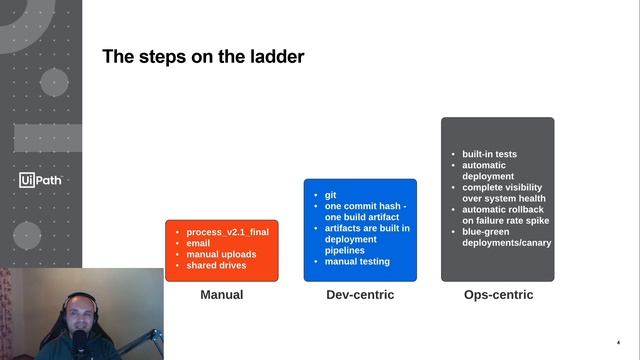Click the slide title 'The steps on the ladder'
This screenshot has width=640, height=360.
point(203,57)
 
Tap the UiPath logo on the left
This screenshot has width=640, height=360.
point(41,180)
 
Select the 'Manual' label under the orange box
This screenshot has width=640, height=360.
point(221,295)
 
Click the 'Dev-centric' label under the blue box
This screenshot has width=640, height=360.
point(360,295)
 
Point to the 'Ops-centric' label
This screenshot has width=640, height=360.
point(498,295)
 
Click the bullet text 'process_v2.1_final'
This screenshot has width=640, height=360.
point(227,232)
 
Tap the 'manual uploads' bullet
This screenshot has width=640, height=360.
point(221,254)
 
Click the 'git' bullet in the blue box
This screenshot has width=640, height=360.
point(331,195)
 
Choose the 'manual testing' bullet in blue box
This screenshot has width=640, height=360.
point(357,262)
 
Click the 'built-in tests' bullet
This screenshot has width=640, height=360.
point(489,154)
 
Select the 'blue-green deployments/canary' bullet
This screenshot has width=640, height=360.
point(506,237)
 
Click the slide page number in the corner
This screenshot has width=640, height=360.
point(619,342)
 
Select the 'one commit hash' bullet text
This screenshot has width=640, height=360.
point(366,206)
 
